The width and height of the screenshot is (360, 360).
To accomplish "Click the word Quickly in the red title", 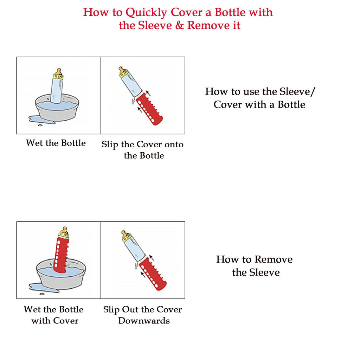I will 147,13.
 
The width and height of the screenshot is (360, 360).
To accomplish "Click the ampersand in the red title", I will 179,26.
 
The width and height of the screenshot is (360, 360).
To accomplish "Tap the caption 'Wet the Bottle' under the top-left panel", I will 56,143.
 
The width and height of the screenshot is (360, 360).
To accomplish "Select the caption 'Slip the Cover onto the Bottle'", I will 143,150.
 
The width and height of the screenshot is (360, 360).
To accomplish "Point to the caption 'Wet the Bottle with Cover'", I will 54,315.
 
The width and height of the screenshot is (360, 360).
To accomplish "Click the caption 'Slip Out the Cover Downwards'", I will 143,315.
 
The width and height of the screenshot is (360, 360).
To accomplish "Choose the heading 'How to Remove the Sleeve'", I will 255,266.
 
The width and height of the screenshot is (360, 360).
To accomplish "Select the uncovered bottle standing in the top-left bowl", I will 57,89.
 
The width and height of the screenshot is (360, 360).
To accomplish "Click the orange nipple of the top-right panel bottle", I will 121,70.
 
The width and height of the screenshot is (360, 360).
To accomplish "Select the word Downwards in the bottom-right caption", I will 144,321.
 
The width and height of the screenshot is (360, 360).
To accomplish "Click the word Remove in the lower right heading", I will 274,259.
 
